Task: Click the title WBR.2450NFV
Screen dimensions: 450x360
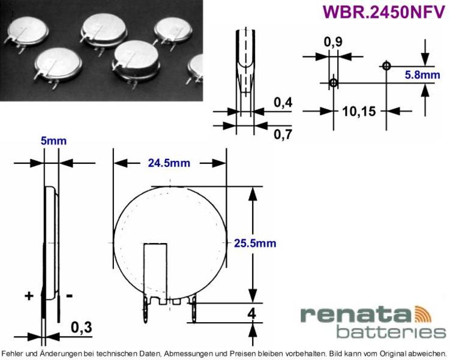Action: (x=384, y=11)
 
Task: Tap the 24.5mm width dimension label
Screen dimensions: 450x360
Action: (x=169, y=163)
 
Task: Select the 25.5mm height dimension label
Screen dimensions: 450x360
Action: (x=255, y=243)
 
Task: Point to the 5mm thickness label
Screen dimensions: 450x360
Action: (x=53, y=141)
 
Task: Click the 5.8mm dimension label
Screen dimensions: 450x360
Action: (x=422, y=75)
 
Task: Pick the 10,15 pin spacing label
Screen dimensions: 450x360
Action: (x=359, y=112)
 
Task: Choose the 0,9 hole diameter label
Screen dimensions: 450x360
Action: (x=333, y=42)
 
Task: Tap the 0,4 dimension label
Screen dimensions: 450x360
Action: (x=283, y=102)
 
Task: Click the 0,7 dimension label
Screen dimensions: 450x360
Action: (x=283, y=134)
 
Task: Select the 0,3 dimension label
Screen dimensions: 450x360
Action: (x=82, y=327)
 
